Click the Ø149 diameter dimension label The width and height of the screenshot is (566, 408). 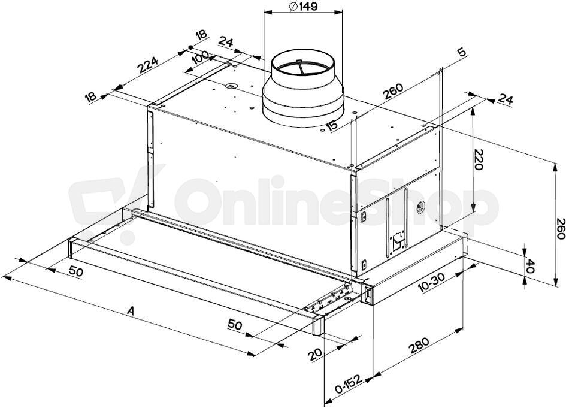(303, 7)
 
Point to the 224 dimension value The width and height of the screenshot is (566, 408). (148, 65)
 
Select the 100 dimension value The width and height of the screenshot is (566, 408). (200, 58)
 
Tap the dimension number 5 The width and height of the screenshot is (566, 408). (461, 52)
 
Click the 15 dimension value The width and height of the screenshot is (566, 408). (332, 126)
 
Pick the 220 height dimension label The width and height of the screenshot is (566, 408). (479, 159)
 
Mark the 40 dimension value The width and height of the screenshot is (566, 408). (529, 266)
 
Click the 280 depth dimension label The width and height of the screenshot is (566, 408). (419, 346)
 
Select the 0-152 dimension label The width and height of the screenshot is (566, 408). (348, 384)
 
